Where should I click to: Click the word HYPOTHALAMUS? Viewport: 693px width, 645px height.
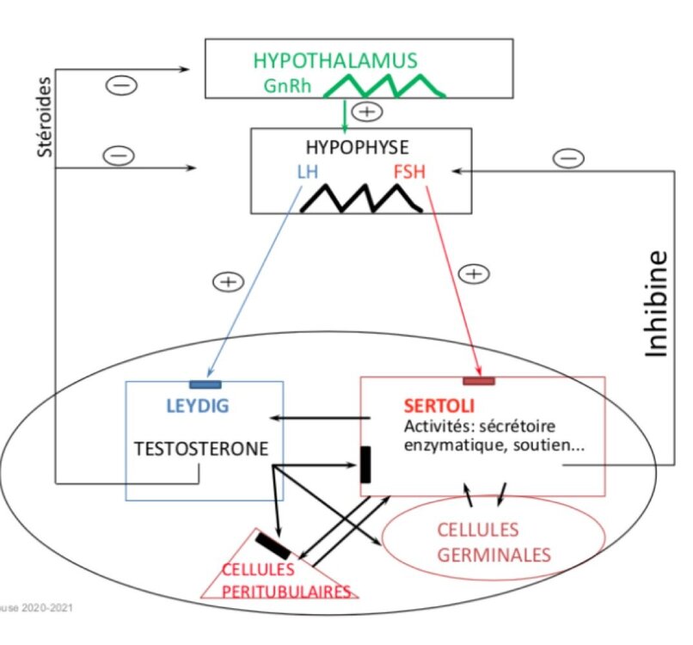coord(334,60)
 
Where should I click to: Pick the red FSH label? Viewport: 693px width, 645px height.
coord(409,171)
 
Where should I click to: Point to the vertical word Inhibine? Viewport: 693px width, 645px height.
coord(657,302)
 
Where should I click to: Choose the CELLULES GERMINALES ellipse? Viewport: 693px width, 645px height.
coord(493,541)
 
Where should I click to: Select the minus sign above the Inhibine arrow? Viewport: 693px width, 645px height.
coord(568,158)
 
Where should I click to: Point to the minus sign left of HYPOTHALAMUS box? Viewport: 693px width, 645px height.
coord(119,84)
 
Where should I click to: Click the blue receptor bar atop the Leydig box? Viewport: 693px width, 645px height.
coord(205,383)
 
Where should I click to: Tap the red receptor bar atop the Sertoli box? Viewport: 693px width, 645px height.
coord(478,380)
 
